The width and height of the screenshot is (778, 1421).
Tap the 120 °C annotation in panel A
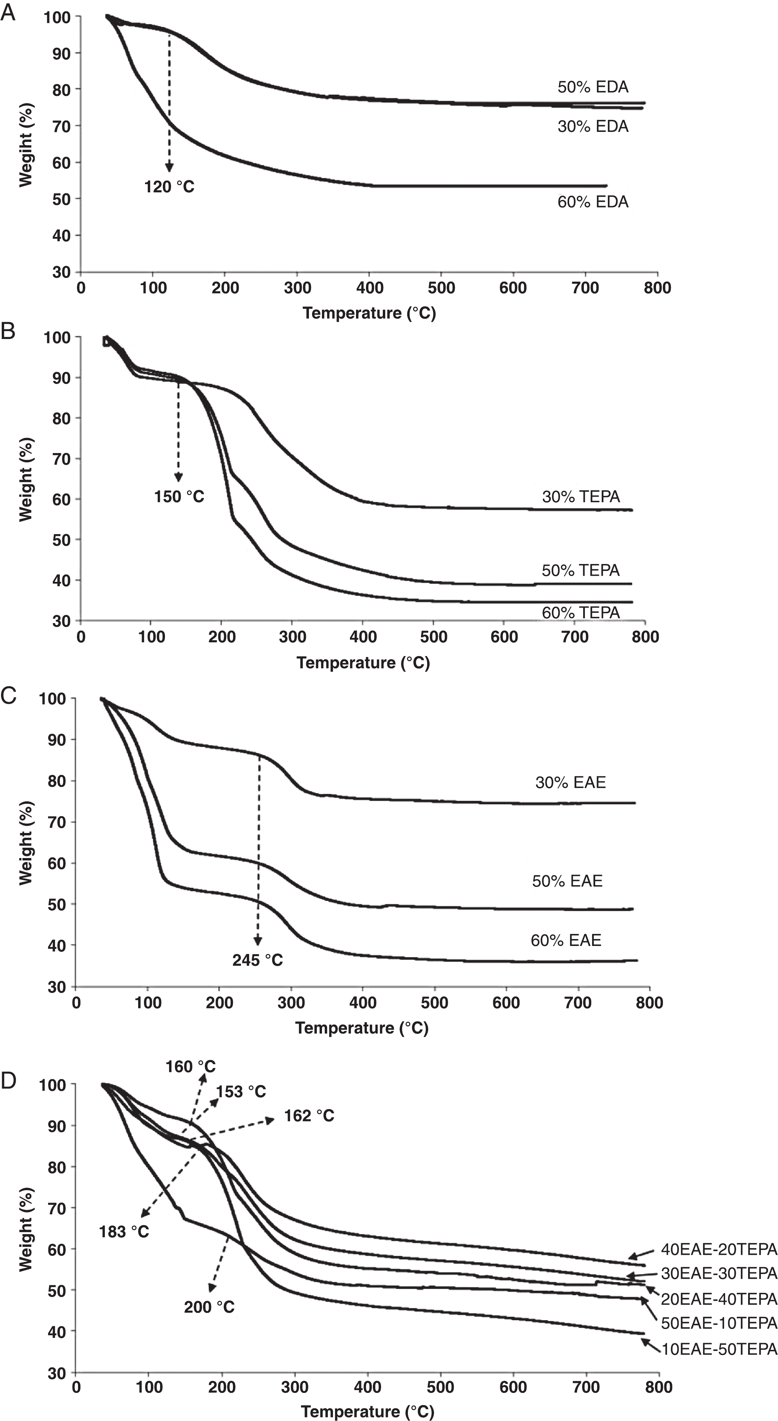coord(169,187)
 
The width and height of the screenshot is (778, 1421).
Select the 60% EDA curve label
coord(592,202)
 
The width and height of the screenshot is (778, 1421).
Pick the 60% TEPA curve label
coord(580,613)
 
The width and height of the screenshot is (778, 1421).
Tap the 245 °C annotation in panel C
coord(257,960)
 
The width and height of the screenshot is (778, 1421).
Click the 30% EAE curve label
coord(570,782)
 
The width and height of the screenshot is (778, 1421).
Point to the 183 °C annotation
coord(124,1232)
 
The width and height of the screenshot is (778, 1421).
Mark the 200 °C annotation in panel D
coord(209,1307)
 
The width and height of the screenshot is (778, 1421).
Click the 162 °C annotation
coord(309,1116)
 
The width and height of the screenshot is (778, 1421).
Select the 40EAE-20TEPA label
coord(719,1250)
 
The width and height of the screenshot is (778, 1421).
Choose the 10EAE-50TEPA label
coord(719,1349)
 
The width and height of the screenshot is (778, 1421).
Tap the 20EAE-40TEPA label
coord(719,1300)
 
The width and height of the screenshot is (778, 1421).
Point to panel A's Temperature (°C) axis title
coord(369,313)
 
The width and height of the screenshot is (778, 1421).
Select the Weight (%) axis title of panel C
coord(26,843)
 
